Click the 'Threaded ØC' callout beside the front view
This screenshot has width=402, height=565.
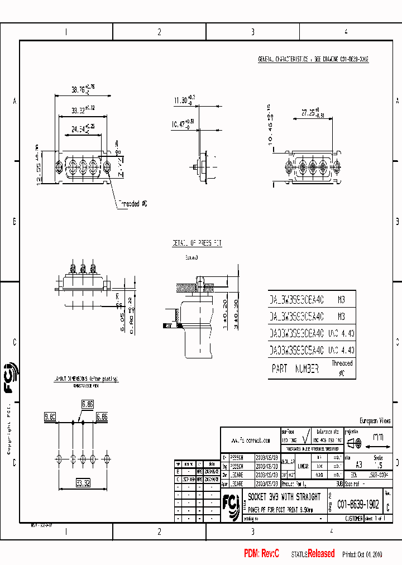coord(132,204)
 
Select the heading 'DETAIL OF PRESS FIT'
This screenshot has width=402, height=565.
coord(196,243)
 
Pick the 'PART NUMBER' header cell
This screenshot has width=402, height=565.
coord(295,368)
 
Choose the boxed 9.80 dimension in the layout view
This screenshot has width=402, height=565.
coord(50,416)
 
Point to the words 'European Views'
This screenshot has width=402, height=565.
coord(375,420)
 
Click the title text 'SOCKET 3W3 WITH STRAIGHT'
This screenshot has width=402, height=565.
coord(284,496)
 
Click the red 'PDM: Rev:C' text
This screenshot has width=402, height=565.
coord(261,553)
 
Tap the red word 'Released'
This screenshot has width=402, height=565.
coord(322,553)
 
